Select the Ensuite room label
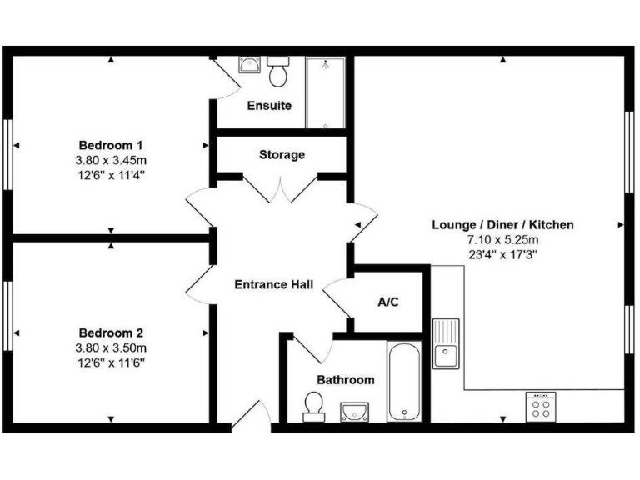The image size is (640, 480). (x=269, y=106)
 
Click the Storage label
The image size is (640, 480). (x=282, y=154)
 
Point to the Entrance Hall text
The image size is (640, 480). (x=273, y=285)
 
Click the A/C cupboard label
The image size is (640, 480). (x=388, y=301)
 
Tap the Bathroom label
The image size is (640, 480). (x=345, y=379)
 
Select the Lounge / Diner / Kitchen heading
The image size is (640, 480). (x=502, y=224)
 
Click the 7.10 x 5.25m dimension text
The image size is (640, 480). (x=502, y=239)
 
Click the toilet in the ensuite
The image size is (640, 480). (x=279, y=73)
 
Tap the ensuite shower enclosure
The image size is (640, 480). (x=326, y=92)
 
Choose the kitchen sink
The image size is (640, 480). (x=447, y=343)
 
